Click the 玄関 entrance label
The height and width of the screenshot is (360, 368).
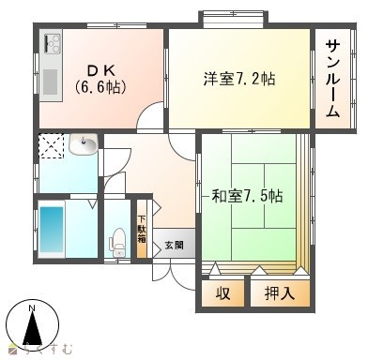[175, 247]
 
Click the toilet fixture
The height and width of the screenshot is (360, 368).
[117, 242]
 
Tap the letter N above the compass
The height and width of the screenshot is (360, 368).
[32, 310]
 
